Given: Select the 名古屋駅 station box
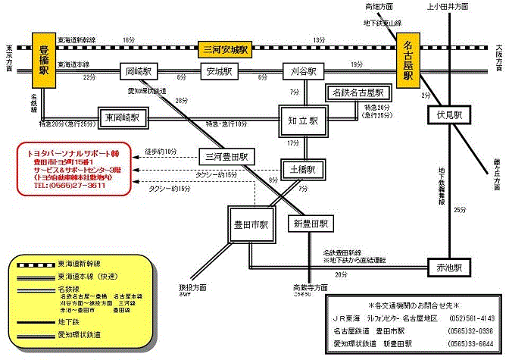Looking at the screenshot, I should (x=408, y=64).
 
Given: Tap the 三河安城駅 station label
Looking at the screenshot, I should (x=223, y=49).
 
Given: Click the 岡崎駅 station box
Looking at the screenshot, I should (x=136, y=71).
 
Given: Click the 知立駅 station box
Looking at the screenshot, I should (x=303, y=120).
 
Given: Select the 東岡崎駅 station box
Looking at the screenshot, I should (x=124, y=118).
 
